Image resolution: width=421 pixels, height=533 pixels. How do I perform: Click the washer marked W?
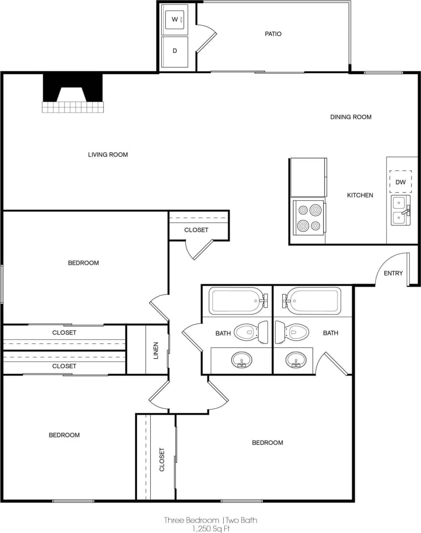(x=174, y=19)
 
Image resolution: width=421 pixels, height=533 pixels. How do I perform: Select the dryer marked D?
(x=174, y=51)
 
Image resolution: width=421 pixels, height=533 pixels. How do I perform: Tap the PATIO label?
(x=273, y=34)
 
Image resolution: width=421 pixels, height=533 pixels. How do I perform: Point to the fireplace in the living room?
(x=73, y=94)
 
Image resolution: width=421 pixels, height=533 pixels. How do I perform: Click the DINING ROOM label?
(x=351, y=117)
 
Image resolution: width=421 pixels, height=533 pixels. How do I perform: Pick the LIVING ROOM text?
(x=108, y=155)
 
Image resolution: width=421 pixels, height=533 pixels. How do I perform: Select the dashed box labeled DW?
(x=400, y=182)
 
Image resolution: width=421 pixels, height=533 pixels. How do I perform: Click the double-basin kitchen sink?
(x=400, y=210)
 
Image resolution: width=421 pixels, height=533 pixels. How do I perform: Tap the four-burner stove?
(x=309, y=217)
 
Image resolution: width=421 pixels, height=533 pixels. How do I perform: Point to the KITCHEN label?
(x=360, y=195)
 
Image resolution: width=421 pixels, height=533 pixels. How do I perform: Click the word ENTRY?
(x=393, y=273)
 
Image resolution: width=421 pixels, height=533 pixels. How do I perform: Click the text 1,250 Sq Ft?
(x=210, y=528)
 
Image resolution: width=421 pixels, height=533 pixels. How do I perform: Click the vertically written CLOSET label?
(x=162, y=459)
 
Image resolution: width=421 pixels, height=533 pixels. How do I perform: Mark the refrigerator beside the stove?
(x=308, y=177)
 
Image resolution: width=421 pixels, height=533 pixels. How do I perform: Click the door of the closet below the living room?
(x=203, y=249)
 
